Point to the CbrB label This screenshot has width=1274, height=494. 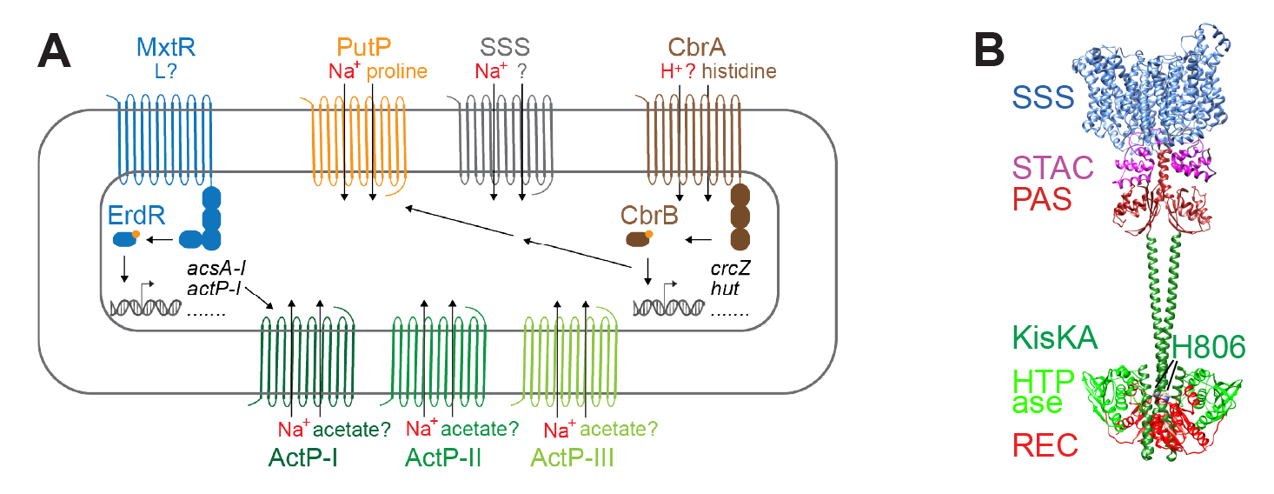(x=649, y=215)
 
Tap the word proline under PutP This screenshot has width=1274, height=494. (x=396, y=71)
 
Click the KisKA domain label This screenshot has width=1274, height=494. (x=1054, y=337)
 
